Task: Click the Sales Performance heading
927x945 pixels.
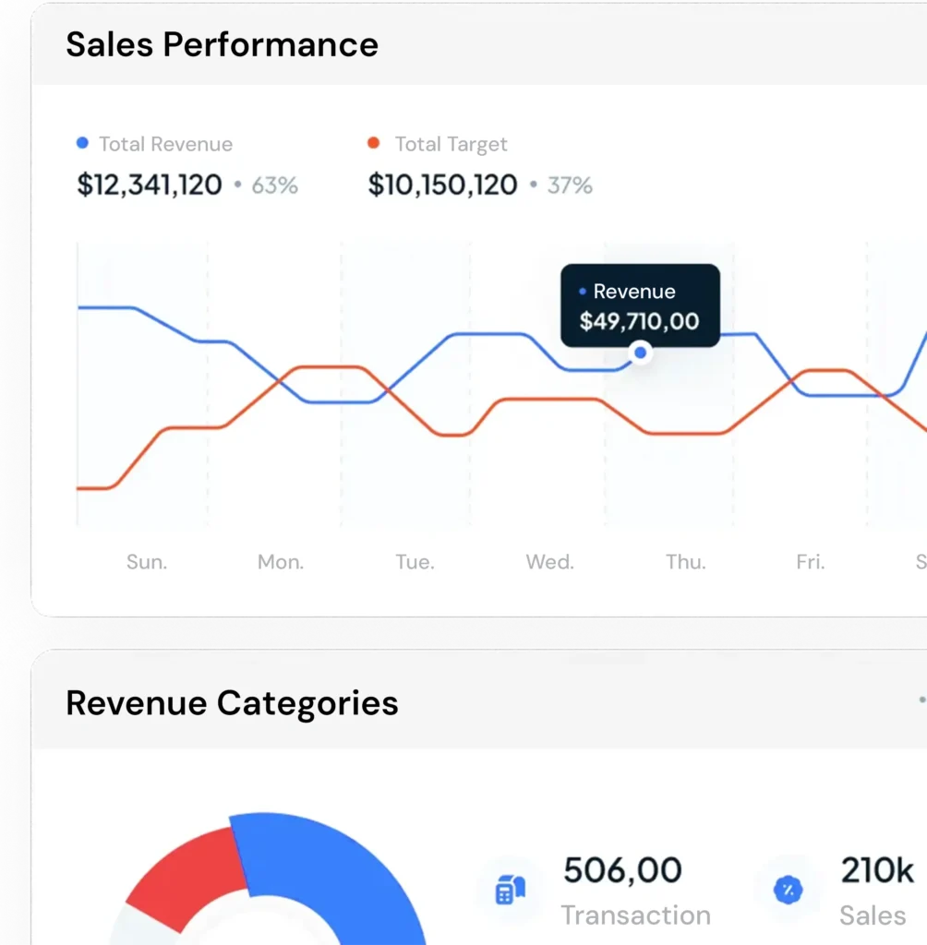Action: (x=222, y=44)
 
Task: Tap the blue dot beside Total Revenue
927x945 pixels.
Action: (x=82, y=143)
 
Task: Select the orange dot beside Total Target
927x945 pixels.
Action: (x=373, y=143)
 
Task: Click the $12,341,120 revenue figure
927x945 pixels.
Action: (x=150, y=185)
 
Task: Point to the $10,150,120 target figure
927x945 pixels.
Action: (x=442, y=185)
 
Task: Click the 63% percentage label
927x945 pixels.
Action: (x=274, y=185)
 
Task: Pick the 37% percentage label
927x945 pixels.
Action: (x=570, y=185)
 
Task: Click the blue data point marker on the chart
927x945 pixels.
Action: (x=640, y=353)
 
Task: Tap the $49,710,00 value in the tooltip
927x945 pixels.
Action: (x=639, y=321)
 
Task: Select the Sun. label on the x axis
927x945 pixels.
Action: (x=147, y=561)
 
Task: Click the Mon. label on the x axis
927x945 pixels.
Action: (x=281, y=561)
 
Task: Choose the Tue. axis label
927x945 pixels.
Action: (x=415, y=561)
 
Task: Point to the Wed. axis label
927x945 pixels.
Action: (x=549, y=561)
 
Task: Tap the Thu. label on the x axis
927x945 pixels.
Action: (x=685, y=561)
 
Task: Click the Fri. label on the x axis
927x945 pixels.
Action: (x=810, y=561)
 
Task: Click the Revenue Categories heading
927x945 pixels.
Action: (x=232, y=703)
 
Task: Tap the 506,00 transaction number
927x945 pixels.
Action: (x=622, y=870)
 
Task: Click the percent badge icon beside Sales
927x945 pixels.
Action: (x=788, y=891)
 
